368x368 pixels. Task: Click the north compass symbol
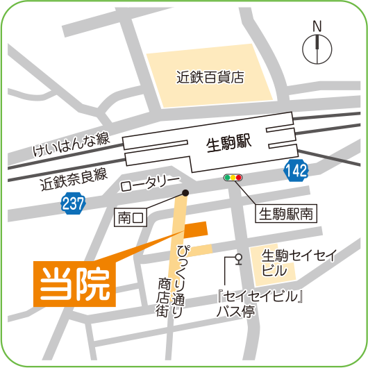(x=317, y=48)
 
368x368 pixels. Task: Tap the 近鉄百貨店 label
(x=210, y=77)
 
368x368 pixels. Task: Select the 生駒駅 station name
(x=228, y=144)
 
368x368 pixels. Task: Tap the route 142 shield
(x=296, y=168)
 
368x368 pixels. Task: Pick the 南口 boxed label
(x=131, y=218)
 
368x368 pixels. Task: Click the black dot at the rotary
(x=185, y=193)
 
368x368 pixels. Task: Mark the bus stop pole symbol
(x=238, y=263)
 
